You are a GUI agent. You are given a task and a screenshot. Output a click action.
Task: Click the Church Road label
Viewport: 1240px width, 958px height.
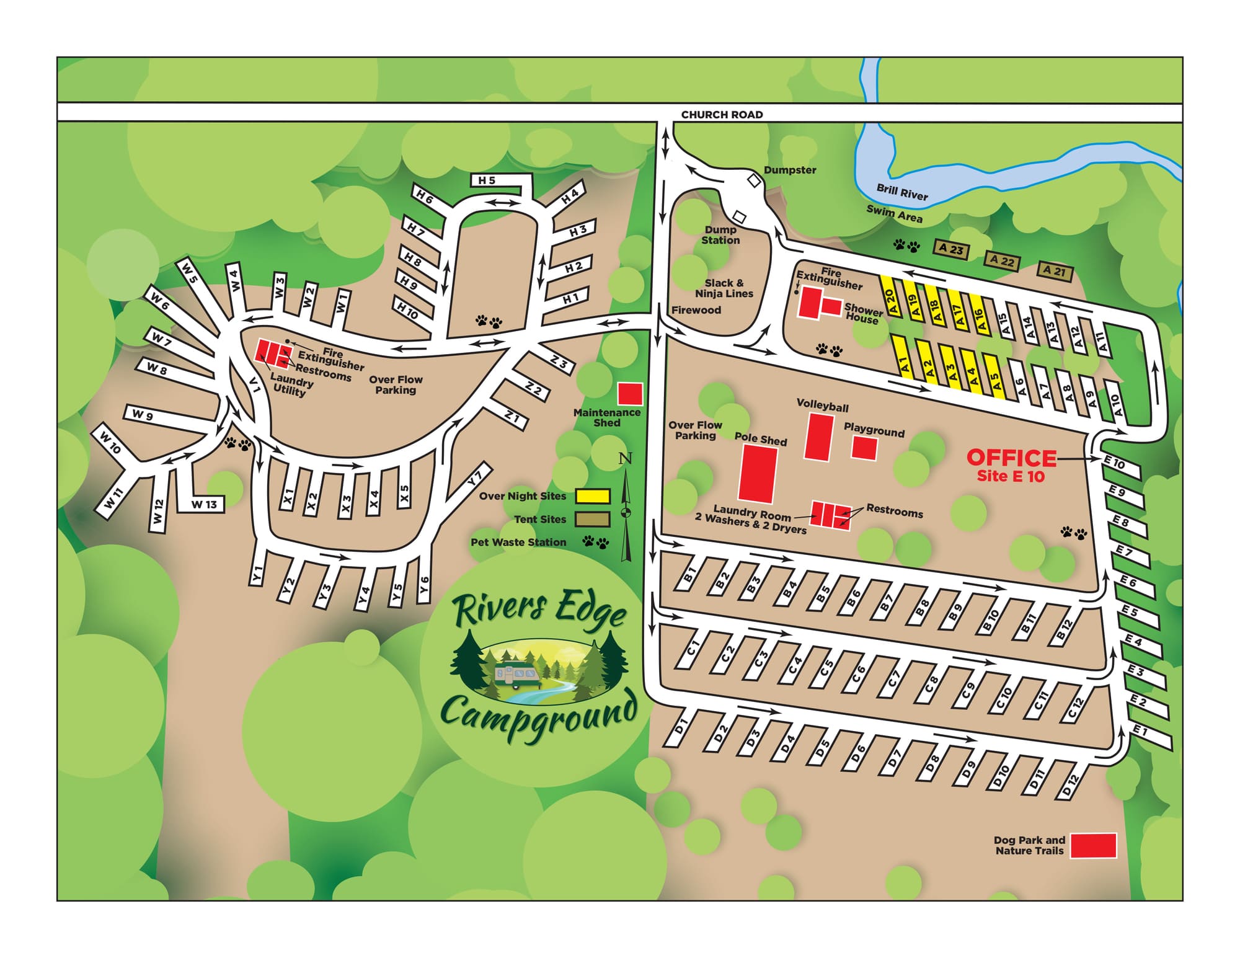pos(722,114)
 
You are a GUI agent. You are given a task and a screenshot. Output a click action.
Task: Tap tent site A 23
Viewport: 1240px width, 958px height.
pos(951,249)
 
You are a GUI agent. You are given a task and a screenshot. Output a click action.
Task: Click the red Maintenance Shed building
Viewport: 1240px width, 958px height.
pos(631,394)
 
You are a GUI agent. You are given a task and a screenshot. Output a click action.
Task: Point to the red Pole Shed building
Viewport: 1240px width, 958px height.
pos(758,474)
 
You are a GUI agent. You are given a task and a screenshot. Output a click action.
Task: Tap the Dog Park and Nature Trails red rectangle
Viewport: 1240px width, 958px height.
pos(1094,845)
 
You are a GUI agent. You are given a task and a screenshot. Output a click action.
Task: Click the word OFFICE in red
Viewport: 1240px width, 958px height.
pos(1011,458)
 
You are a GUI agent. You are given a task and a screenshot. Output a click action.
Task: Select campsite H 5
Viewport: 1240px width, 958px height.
pos(487,180)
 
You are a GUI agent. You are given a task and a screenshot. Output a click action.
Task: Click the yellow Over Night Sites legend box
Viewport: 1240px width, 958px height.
pos(593,496)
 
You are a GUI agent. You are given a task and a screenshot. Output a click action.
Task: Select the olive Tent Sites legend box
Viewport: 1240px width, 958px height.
pos(593,519)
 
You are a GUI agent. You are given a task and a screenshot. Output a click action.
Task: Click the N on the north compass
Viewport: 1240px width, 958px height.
pos(626,459)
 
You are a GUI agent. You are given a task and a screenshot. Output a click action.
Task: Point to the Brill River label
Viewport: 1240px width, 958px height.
pos(901,192)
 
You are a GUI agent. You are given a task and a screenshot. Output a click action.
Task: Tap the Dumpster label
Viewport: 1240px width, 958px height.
pos(789,170)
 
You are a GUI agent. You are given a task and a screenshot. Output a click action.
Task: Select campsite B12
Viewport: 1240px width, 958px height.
pos(1064,630)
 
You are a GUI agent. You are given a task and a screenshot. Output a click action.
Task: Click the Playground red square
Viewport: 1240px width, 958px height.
pos(864,448)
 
